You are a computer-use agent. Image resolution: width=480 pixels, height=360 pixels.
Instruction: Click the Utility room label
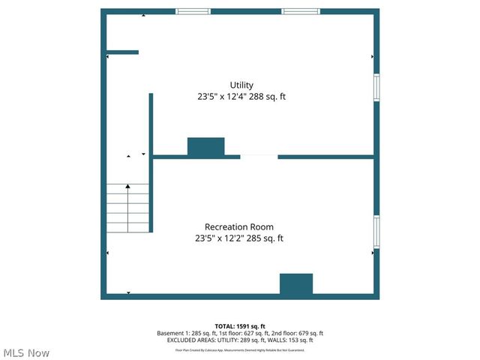[241, 85]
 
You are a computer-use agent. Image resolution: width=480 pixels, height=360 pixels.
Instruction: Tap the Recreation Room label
[239, 226]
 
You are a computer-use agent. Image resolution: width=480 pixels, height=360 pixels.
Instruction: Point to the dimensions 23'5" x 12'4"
[225, 97]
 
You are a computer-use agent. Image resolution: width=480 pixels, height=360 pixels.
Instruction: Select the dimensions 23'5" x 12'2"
[223, 238]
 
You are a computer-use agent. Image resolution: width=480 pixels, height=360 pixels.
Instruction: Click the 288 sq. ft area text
[268, 97]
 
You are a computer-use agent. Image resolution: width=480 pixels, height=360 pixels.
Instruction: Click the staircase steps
[127, 210]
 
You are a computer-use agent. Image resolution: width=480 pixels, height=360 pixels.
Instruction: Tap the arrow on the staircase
[127, 187]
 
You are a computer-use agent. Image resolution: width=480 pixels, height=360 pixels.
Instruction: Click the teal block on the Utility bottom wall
[205, 147]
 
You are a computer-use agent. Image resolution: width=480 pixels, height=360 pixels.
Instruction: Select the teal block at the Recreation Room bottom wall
[296, 284]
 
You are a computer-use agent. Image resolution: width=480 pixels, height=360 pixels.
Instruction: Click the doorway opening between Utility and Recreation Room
[259, 157]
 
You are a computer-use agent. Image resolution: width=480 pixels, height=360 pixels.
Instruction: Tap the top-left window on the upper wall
[193, 11]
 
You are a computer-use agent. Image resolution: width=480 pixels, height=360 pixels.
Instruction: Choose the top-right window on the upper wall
[301, 11]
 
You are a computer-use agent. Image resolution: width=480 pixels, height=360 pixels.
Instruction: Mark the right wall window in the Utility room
[376, 85]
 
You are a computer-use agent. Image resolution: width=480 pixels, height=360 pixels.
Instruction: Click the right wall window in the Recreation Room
[376, 232]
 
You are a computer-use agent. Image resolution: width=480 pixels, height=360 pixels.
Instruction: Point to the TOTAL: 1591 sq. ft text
[240, 326]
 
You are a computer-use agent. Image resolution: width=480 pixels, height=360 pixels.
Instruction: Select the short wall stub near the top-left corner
[122, 52]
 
